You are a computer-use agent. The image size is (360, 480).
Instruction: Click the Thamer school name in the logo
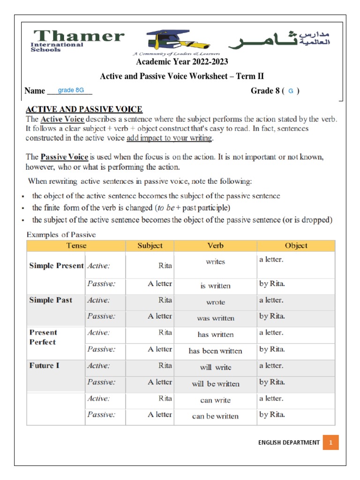(x=78, y=37)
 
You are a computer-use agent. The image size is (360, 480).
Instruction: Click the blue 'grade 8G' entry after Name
(x=71, y=90)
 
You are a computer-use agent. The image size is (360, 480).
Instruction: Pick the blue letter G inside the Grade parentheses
(x=291, y=91)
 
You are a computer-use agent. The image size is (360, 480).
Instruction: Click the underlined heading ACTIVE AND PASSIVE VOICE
(x=84, y=110)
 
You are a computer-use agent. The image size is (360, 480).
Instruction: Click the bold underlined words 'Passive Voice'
(x=65, y=157)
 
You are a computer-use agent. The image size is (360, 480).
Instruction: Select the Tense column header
(x=75, y=246)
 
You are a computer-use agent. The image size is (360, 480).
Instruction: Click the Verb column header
(x=215, y=246)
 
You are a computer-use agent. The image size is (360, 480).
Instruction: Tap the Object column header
(x=296, y=246)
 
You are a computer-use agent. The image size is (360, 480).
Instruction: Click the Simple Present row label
(x=56, y=265)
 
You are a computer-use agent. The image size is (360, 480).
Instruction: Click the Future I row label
(x=44, y=366)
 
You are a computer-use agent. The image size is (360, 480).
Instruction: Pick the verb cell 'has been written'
(x=215, y=351)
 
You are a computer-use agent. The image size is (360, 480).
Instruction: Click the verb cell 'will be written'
(x=215, y=383)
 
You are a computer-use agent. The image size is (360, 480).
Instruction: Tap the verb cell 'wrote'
(x=215, y=302)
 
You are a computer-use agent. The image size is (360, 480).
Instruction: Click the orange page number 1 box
(x=330, y=442)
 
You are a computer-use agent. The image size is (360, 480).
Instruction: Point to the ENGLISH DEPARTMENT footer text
(x=289, y=442)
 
